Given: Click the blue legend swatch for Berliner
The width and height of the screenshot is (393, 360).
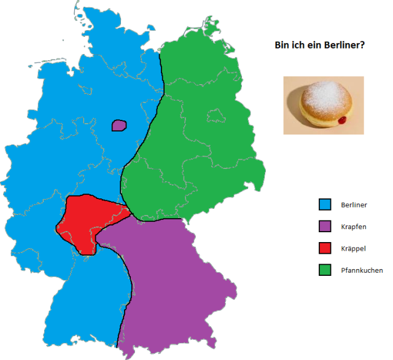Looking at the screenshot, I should pyautogui.click(x=325, y=204).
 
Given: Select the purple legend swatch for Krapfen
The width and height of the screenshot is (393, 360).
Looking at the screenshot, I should pyautogui.click(x=325, y=226).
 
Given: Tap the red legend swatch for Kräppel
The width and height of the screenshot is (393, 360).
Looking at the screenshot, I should pyautogui.click(x=325, y=248).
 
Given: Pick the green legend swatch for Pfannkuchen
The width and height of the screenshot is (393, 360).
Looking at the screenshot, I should pyautogui.click(x=325, y=270).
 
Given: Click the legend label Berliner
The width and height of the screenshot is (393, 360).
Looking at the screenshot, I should pyautogui.click(x=353, y=204).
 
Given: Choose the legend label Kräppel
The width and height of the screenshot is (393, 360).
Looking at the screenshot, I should pyautogui.click(x=352, y=248).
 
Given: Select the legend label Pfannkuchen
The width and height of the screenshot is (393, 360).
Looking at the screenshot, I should pyautogui.click(x=362, y=270).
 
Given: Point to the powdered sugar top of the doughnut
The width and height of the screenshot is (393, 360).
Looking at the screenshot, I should pyautogui.click(x=324, y=95).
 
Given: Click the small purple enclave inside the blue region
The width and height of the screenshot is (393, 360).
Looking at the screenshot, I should pyautogui.click(x=119, y=125).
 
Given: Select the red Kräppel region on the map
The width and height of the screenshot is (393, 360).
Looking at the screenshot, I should pyautogui.click(x=86, y=221).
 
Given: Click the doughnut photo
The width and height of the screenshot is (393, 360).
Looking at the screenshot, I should pyautogui.click(x=323, y=105).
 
